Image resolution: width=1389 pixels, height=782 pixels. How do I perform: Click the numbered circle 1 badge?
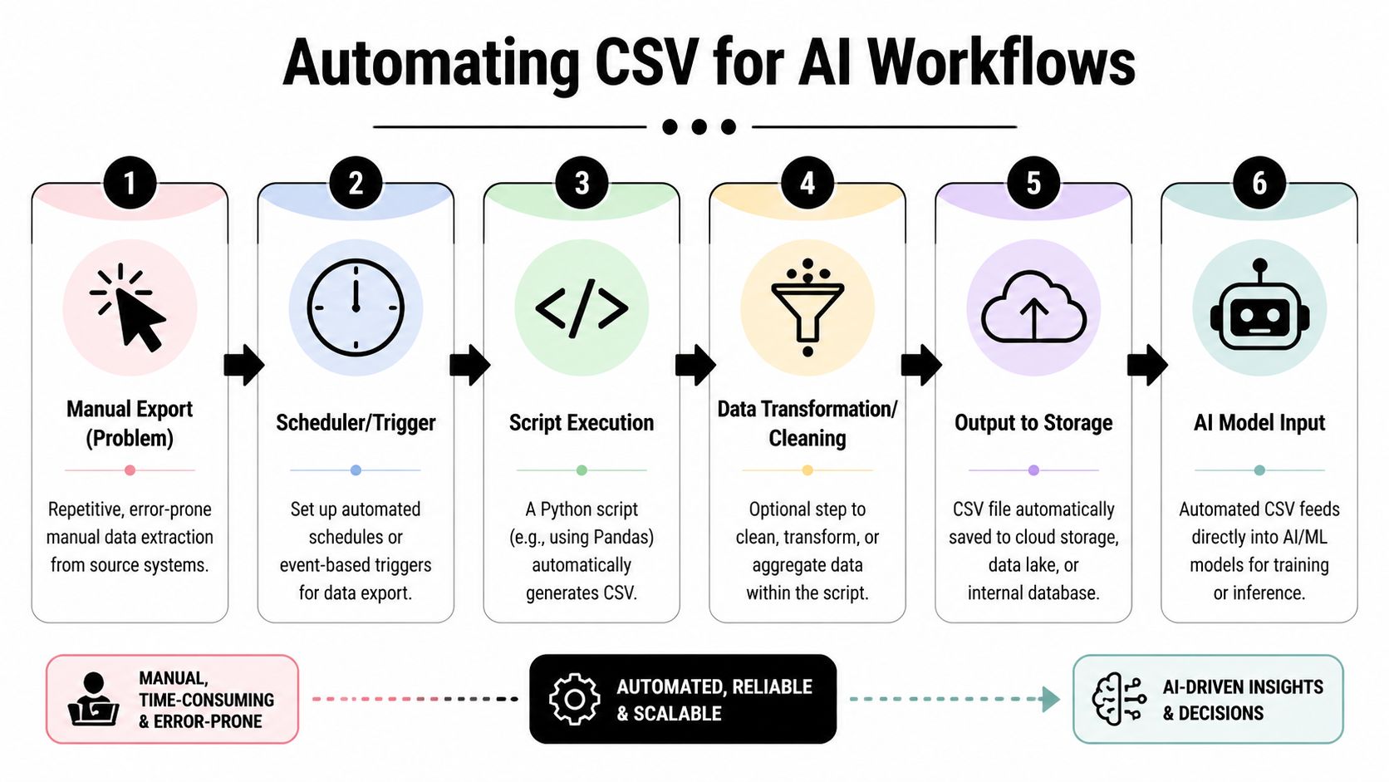pos(130,183)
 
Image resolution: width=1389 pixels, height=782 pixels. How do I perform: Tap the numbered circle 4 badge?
pos(807,183)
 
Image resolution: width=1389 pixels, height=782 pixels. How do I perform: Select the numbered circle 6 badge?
pos(1259,183)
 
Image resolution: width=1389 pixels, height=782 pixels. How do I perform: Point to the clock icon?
pos(356,308)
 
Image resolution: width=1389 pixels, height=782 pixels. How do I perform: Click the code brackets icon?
pos(582,308)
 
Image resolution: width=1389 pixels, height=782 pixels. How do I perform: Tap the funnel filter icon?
pos(807,308)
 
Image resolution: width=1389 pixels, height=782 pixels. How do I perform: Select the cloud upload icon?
pos(1033,308)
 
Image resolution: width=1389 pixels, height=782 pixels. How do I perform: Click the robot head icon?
pos(1259,308)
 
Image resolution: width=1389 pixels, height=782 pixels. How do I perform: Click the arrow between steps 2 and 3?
pos(469,365)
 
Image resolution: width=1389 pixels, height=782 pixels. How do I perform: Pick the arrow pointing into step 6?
pos(1147,365)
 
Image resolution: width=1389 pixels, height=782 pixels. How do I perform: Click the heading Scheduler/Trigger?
pos(356,423)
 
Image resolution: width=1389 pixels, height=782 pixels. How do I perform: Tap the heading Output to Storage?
pos(1033,423)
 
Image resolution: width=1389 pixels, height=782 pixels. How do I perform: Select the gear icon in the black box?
pos(574,699)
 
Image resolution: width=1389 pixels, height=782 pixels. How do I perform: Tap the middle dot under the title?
pos(699,127)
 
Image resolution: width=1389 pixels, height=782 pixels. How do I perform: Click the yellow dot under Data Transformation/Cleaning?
pos(807,470)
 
